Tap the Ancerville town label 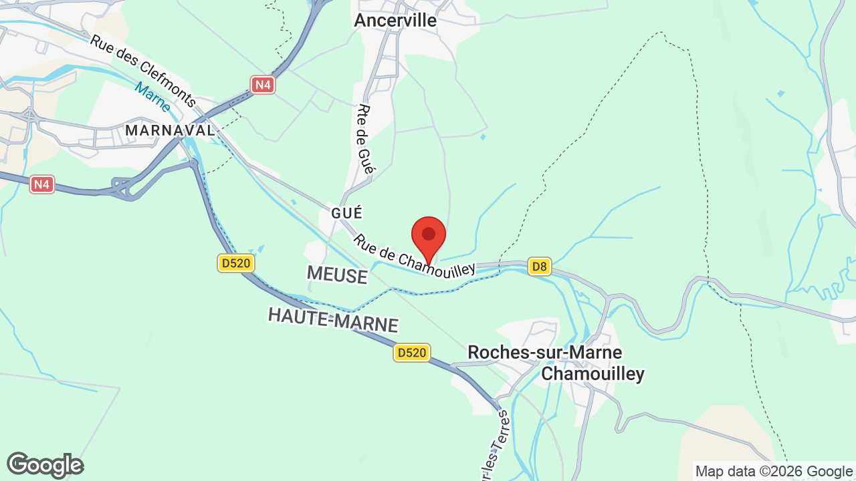tap(395, 20)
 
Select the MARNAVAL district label tap(171, 130)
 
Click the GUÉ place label tap(346, 213)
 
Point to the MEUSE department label tap(337, 275)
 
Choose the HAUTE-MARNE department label tap(333, 320)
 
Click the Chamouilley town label tap(593, 373)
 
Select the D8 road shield tap(539, 267)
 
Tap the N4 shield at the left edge tap(42, 184)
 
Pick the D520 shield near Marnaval tap(236, 263)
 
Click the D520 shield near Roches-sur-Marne tap(411, 352)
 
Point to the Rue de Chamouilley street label tap(414, 255)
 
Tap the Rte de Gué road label tap(364, 139)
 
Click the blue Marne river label tap(152, 97)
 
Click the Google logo tap(45, 465)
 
